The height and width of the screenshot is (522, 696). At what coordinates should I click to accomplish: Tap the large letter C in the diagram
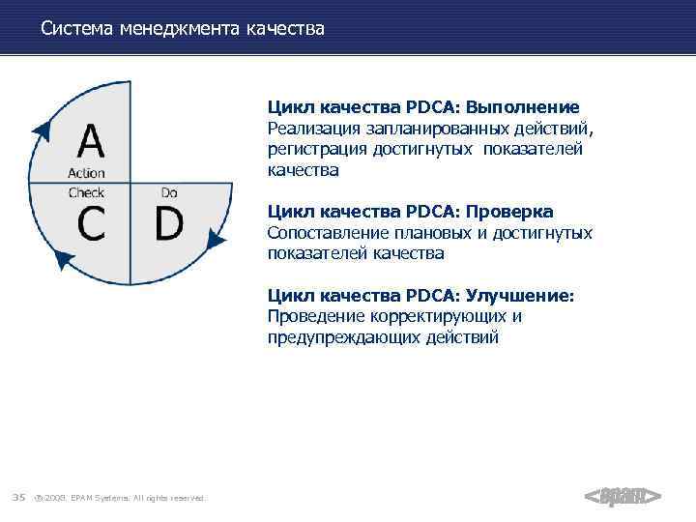click(92, 223)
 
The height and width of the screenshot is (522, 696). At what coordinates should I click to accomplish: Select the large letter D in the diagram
click(168, 223)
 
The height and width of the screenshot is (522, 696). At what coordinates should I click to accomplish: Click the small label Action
click(87, 174)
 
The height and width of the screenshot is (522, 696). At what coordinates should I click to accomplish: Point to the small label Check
click(87, 192)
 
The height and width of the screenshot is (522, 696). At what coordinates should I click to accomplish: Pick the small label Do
click(169, 192)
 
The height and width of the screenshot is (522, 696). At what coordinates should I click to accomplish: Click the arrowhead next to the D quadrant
click(218, 240)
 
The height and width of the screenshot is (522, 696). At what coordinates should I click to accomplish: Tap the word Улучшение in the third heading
click(520, 296)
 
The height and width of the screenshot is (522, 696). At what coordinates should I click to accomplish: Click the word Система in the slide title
click(75, 30)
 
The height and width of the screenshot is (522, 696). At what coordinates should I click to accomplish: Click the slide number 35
click(18, 497)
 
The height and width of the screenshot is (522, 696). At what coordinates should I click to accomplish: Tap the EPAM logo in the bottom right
click(623, 496)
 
